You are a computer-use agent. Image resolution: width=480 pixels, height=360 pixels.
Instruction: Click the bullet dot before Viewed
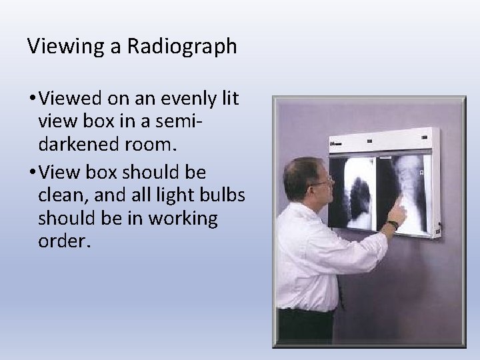[31, 99]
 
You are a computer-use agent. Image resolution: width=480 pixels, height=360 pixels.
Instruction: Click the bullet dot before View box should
[31, 173]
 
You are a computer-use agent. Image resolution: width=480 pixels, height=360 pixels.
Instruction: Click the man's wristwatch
[393, 225]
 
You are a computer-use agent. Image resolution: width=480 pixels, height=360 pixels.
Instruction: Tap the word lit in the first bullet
[230, 99]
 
